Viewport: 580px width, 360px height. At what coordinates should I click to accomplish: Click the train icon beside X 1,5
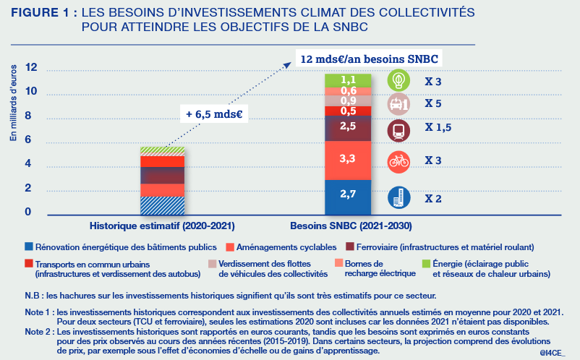pos(398,131)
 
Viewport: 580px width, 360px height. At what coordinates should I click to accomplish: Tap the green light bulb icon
pos(398,80)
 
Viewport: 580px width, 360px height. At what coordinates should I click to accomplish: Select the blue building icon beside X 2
pos(398,197)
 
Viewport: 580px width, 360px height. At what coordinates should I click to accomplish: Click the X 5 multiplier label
pos(433,104)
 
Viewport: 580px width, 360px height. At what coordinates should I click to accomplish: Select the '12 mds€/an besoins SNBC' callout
pos(370,58)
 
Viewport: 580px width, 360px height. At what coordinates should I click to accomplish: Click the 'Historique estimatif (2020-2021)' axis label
pos(162,226)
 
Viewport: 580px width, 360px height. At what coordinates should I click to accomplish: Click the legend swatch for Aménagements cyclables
pos(231,247)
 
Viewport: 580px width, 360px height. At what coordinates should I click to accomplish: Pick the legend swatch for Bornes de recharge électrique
pos(340,262)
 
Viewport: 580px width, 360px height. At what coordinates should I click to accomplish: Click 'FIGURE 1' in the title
pos(44,13)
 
